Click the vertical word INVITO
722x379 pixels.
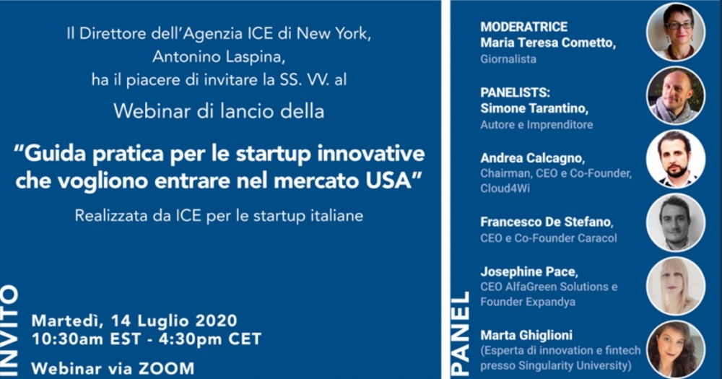click(x=9, y=331)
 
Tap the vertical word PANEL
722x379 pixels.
click(x=460, y=333)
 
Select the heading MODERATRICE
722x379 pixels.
click(x=523, y=27)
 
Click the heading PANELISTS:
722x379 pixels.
click(x=515, y=92)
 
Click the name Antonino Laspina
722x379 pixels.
click(x=219, y=56)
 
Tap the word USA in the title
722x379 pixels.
click(x=391, y=180)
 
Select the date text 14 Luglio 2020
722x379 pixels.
click(x=174, y=321)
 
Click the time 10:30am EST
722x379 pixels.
click(x=86, y=339)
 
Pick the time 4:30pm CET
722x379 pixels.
click(x=210, y=339)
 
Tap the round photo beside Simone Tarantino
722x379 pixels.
click(x=676, y=96)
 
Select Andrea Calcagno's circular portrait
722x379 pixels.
click(x=676, y=159)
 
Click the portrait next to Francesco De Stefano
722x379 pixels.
click(x=676, y=222)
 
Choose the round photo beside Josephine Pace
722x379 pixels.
click(x=676, y=286)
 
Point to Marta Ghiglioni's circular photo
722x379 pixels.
click(x=676, y=349)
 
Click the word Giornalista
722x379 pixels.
click(x=508, y=59)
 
